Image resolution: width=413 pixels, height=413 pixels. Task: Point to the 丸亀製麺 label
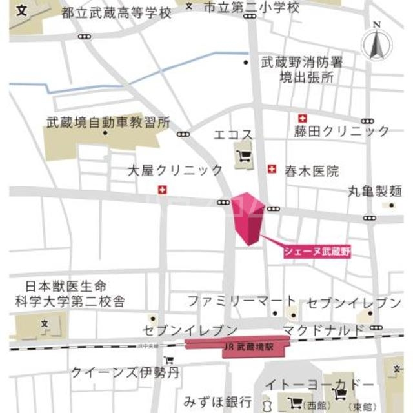click(x=375, y=192)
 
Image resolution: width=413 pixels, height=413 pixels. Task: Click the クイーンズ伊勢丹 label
click(x=125, y=372)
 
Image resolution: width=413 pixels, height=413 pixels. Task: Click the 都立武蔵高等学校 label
click(x=117, y=13)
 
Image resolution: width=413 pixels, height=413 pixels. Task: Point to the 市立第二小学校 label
click(x=252, y=8)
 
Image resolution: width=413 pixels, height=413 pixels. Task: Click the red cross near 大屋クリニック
click(x=162, y=189)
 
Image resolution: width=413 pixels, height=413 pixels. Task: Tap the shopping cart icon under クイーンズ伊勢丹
click(x=169, y=361)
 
